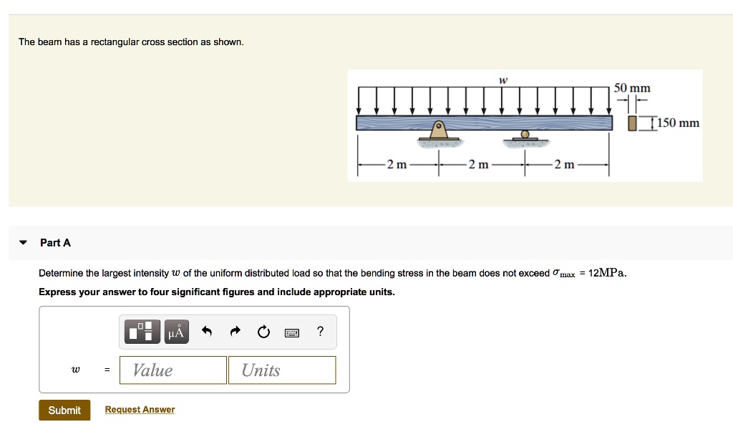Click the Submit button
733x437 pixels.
(64, 410)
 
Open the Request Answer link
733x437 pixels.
(140, 410)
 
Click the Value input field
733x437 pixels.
(173, 370)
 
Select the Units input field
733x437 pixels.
(282, 370)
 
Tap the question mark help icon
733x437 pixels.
(320, 331)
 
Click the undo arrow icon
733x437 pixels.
(208, 331)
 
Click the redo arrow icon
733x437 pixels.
(236, 331)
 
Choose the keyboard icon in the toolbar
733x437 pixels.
(291, 332)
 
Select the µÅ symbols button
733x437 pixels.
(176, 332)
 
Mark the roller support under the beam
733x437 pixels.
(525, 135)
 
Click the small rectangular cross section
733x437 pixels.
(632, 123)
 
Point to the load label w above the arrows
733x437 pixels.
(503, 80)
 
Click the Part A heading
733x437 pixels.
(56, 243)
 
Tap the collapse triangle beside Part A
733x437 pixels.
(24, 243)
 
